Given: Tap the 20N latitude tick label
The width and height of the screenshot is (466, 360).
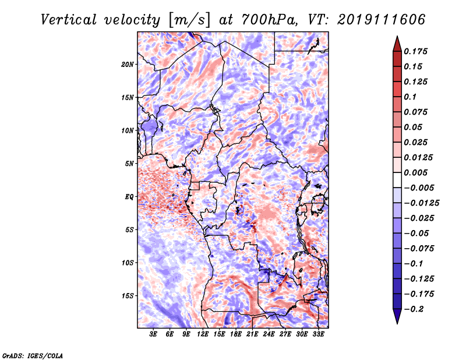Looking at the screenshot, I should pos(128,64).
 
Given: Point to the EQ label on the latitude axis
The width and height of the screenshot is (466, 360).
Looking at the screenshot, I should pos(130,197).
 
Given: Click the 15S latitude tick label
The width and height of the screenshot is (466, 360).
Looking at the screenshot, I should pos(128,296).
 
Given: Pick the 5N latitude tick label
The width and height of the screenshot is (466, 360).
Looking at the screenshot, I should pos(129,164).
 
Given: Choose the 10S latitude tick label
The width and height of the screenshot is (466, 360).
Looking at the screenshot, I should pos(128,263).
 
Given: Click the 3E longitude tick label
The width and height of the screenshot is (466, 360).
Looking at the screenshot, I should pos(154,334).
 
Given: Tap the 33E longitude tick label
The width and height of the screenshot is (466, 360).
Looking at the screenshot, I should pos(318,334).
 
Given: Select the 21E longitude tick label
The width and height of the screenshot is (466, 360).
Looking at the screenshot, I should pos(252,334).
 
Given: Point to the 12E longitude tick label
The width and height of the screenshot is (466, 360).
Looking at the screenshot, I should pos(203,334).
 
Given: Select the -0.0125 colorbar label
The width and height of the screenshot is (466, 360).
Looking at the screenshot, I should pos(423,203).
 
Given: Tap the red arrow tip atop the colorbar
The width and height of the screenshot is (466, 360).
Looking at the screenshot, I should pos(396,40).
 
